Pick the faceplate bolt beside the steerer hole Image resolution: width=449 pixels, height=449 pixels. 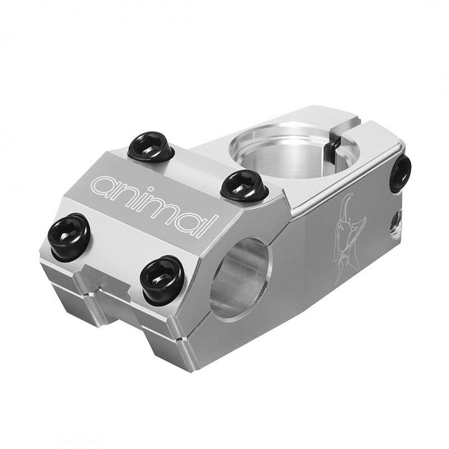(245, 185)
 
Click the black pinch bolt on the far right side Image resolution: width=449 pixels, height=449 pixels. (401, 173)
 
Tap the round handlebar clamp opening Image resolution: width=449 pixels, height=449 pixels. (240, 277)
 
